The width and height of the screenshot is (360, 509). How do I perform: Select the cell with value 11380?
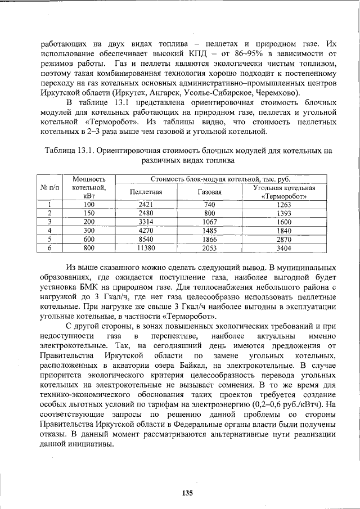click(146, 247)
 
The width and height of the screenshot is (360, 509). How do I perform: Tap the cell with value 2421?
click(146, 205)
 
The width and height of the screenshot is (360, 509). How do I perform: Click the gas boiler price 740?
click(210, 205)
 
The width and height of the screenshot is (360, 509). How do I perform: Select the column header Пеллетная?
click(146, 192)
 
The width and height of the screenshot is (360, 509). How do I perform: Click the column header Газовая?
click(210, 192)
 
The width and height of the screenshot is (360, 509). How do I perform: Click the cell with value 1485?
click(210, 230)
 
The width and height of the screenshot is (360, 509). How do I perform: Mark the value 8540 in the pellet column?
click(146, 238)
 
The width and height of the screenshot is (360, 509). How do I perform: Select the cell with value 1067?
click(210, 222)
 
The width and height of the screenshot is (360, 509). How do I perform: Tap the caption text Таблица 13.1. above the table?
click(67, 150)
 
